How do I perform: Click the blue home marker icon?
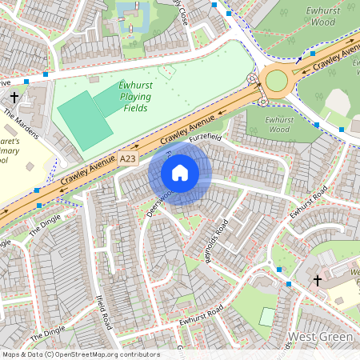coord(180,173)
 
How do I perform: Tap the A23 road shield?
coord(128,159)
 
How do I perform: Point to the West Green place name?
coord(321,337)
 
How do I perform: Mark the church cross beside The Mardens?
coord(14,97)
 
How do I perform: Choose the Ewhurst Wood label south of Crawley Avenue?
coord(268,123)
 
